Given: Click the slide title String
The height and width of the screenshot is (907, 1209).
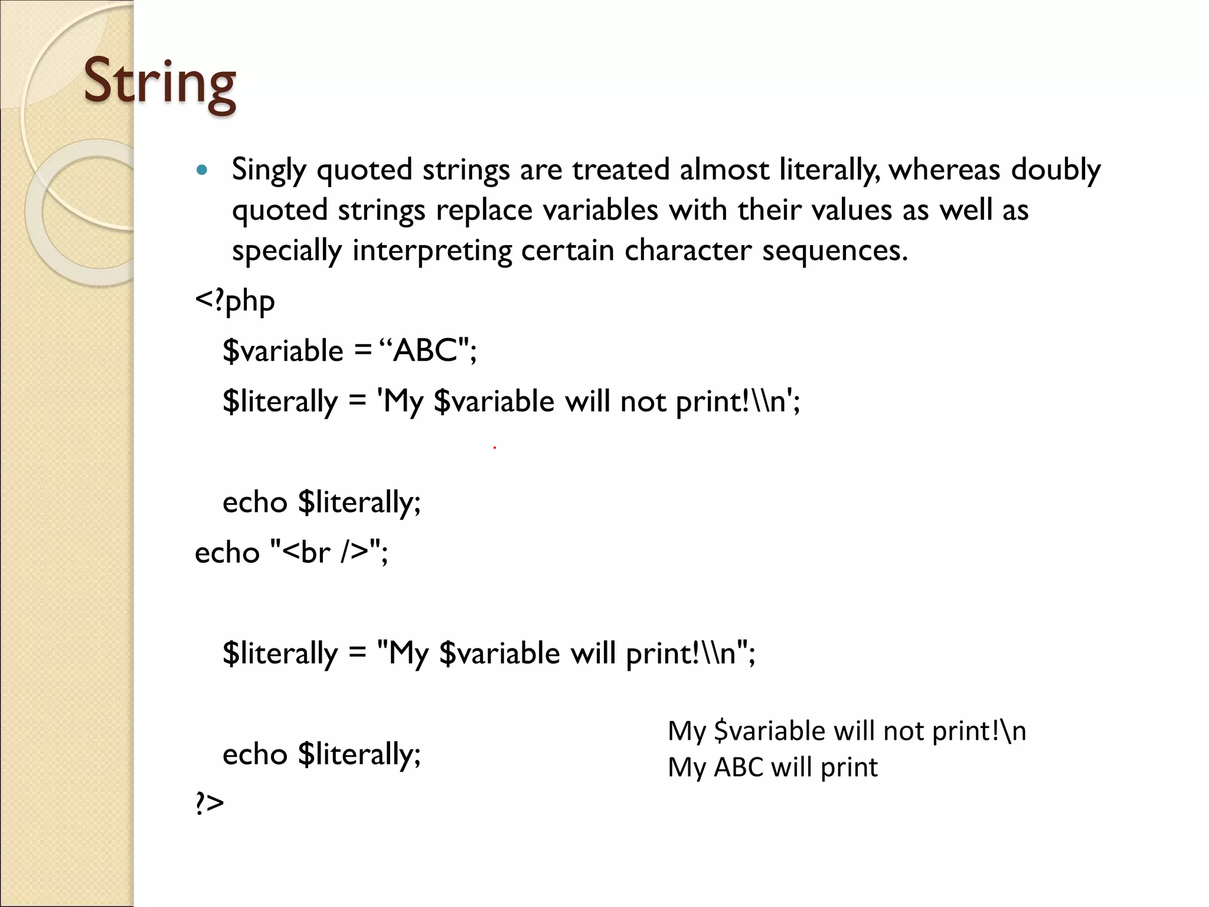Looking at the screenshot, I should (159, 83).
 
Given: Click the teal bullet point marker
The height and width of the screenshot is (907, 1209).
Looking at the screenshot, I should (202, 171).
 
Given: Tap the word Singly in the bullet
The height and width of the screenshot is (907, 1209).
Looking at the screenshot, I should (269, 171).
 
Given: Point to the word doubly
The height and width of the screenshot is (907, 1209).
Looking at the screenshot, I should (1056, 171).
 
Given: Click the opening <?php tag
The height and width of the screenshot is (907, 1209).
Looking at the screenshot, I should (235, 301).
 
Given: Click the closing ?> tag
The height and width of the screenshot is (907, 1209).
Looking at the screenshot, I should (210, 804).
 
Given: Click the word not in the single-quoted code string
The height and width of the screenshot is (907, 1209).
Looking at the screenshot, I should (643, 402).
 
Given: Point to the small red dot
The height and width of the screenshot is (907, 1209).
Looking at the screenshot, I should (494, 448).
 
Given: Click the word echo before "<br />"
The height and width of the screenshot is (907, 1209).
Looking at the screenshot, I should (227, 553).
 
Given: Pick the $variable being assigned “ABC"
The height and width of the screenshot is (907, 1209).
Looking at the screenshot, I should (283, 351).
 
